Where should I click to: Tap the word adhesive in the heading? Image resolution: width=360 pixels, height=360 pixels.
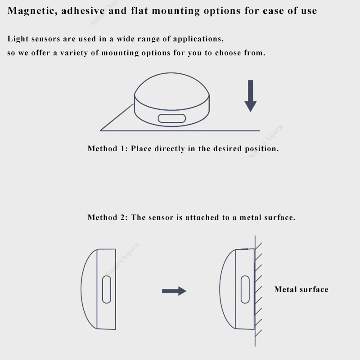pos(83,10)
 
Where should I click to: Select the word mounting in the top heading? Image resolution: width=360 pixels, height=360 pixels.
pos(176,11)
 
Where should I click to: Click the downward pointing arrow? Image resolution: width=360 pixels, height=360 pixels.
pos(251,96)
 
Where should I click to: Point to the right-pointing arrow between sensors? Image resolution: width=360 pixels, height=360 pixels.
pos(174,291)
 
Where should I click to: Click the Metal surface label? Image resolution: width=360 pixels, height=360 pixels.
pos(301,289)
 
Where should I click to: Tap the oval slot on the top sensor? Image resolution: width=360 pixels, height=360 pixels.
pos(172,118)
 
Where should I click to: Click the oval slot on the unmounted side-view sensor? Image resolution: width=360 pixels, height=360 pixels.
pos(107,289)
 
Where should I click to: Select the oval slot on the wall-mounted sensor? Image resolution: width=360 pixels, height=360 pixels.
pos(245,289)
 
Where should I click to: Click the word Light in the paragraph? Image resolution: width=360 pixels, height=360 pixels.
pos(18,39)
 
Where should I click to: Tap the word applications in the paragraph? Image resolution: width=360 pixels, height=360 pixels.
pos(198,39)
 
